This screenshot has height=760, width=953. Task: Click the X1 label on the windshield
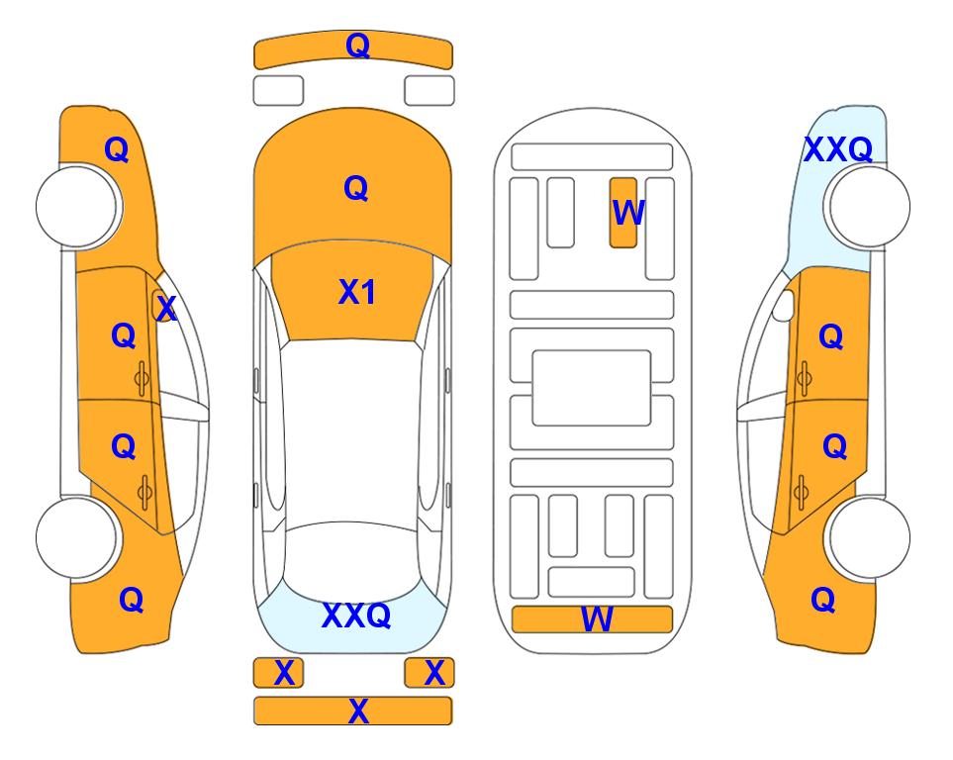357,292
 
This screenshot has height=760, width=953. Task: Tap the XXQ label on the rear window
356,616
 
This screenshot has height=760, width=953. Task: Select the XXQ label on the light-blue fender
838,149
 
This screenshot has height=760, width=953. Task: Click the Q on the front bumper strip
357,46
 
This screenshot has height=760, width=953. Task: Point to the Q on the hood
356,188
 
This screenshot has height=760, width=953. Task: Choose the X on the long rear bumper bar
358,711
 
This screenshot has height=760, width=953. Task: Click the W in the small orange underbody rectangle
627,213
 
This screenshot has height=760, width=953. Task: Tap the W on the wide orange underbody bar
597,619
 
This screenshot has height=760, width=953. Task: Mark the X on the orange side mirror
166,309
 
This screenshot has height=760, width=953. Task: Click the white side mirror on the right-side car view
784,305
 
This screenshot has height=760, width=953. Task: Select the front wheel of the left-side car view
77,207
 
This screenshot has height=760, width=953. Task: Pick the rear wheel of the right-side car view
869,538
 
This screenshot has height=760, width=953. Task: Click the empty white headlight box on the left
278,91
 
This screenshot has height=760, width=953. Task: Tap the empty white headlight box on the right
429,91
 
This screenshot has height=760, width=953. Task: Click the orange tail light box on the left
278,673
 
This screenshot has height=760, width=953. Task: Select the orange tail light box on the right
429,673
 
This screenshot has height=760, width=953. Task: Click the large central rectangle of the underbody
592,388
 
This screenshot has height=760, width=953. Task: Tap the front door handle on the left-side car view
143,379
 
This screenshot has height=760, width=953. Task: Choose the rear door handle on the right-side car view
801,493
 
